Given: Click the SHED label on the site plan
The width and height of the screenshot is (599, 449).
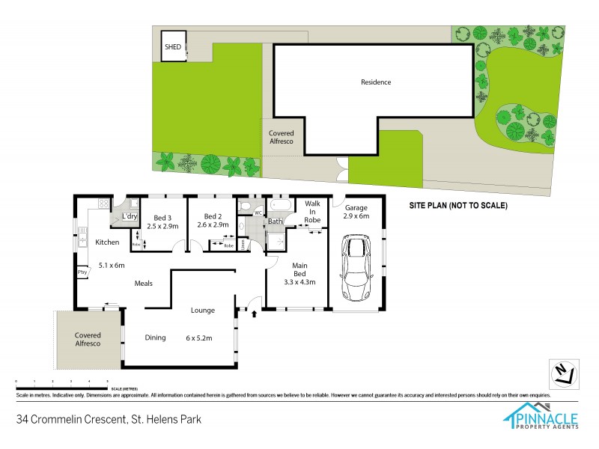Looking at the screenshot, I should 173,46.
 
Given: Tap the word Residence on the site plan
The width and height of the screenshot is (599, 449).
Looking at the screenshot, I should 376,82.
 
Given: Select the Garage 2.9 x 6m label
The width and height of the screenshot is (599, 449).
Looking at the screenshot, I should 357,211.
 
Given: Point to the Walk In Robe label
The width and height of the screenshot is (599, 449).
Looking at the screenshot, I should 312,211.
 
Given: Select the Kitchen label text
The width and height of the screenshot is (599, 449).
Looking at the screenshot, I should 107,242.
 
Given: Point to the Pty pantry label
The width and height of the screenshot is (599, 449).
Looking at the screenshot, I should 82,272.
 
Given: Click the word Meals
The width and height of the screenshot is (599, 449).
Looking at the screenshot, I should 145,283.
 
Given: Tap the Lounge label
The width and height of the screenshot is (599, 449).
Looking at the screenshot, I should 203,310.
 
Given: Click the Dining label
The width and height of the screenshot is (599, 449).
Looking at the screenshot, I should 155,337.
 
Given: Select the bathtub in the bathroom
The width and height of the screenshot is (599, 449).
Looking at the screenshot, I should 282,204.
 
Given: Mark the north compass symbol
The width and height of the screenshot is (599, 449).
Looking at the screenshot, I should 562,372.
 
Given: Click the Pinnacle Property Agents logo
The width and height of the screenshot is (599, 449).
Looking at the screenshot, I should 544,415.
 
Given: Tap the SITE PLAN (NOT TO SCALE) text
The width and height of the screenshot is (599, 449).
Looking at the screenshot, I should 457,205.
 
